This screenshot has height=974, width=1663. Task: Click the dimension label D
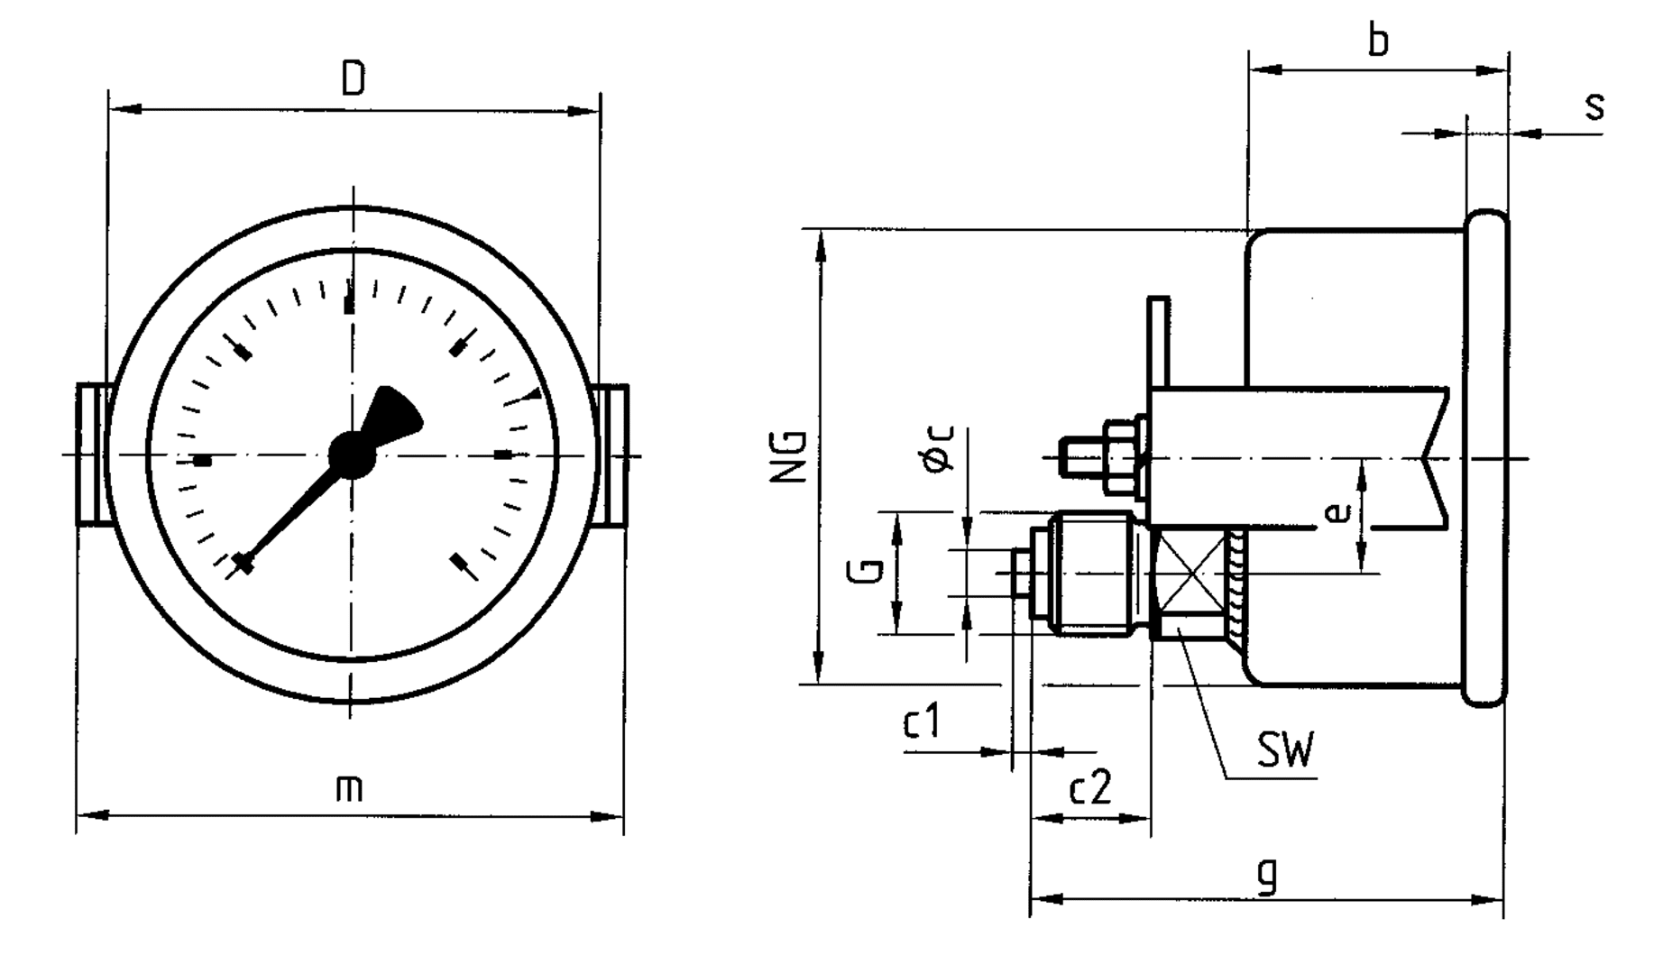click(x=354, y=78)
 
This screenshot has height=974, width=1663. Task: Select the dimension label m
click(x=349, y=787)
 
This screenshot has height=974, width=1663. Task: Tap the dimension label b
click(x=1378, y=41)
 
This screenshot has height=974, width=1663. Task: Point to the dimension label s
click(x=1594, y=106)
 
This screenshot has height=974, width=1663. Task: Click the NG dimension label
click(x=787, y=456)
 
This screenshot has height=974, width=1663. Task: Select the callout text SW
click(x=1286, y=749)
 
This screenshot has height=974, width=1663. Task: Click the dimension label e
click(x=1340, y=512)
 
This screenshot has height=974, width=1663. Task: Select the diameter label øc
click(x=938, y=448)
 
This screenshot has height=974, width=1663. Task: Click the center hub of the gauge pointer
click(x=352, y=455)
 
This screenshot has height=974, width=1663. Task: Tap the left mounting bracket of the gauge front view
click(x=92, y=455)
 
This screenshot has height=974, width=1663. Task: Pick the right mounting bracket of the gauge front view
click(x=613, y=455)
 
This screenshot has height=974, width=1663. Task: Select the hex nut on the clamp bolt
click(x=1121, y=456)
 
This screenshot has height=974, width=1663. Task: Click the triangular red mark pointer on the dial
click(x=536, y=394)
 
